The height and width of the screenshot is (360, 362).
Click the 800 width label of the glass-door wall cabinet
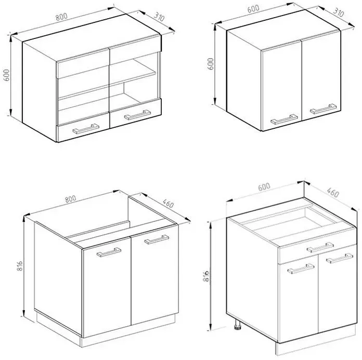point(61,17)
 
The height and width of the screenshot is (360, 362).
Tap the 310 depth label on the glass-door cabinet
point(159,17)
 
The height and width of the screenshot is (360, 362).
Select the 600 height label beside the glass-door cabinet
point(6,75)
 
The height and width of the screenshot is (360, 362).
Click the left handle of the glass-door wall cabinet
point(86,129)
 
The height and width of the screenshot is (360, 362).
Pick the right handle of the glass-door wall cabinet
point(137,115)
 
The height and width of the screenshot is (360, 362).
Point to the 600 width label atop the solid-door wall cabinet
point(253,9)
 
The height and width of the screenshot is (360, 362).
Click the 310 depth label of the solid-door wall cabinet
point(339,12)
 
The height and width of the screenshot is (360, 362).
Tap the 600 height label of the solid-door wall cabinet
point(211,64)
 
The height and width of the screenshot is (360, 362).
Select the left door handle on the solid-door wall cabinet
point(284,119)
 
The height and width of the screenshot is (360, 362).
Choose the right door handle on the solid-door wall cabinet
point(323,109)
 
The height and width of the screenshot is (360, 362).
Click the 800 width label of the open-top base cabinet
point(70,199)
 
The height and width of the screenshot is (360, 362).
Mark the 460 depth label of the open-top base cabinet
point(168,203)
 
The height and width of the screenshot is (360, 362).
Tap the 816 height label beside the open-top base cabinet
point(20,266)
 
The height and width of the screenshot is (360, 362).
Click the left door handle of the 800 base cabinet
point(109,252)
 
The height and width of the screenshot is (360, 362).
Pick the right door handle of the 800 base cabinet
point(157,239)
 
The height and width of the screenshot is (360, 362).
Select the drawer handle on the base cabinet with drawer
point(320,247)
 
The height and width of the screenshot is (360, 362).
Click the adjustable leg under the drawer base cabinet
point(238,324)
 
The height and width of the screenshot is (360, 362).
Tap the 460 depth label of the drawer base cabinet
point(333,193)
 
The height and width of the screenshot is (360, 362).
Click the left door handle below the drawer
point(301,269)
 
